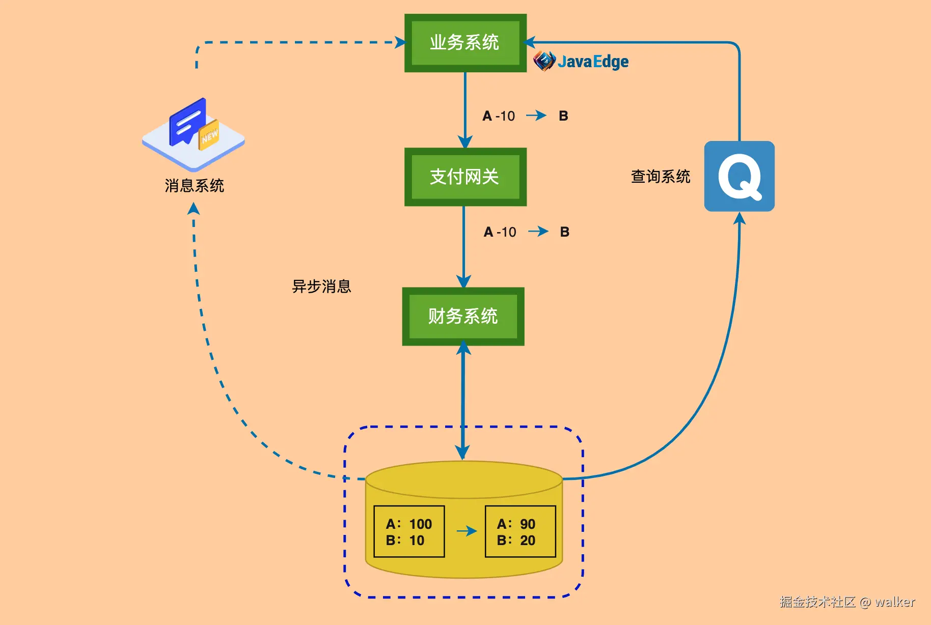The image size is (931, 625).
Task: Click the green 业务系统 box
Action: click(465, 43)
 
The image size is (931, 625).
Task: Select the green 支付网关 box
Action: click(465, 177)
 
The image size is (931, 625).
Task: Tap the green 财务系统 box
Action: click(463, 317)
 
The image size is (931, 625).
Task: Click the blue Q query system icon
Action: click(740, 176)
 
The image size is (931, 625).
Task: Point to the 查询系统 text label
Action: click(661, 177)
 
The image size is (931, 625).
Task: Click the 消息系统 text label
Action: click(195, 186)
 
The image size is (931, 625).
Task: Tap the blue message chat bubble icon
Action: click(187, 122)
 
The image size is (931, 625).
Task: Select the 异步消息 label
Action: click(321, 287)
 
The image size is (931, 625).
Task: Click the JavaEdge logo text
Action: click(593, 62)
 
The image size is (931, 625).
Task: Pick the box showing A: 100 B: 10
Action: click(409, 531)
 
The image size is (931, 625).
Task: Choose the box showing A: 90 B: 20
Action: click(520, 531)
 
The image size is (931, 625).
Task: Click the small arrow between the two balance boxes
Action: click(467, 531)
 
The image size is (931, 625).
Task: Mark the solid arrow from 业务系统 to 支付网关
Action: click(465, 110)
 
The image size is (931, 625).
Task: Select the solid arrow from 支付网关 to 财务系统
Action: click(463, 247)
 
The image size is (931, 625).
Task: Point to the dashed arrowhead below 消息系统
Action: click(194, 209)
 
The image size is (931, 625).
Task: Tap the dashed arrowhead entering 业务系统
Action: click(400, 42)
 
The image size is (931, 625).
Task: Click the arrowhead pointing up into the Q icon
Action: click(740, 218)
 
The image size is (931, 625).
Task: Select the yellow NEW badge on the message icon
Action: click(209, 135)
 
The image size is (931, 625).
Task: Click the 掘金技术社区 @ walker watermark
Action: click(847, 602)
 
